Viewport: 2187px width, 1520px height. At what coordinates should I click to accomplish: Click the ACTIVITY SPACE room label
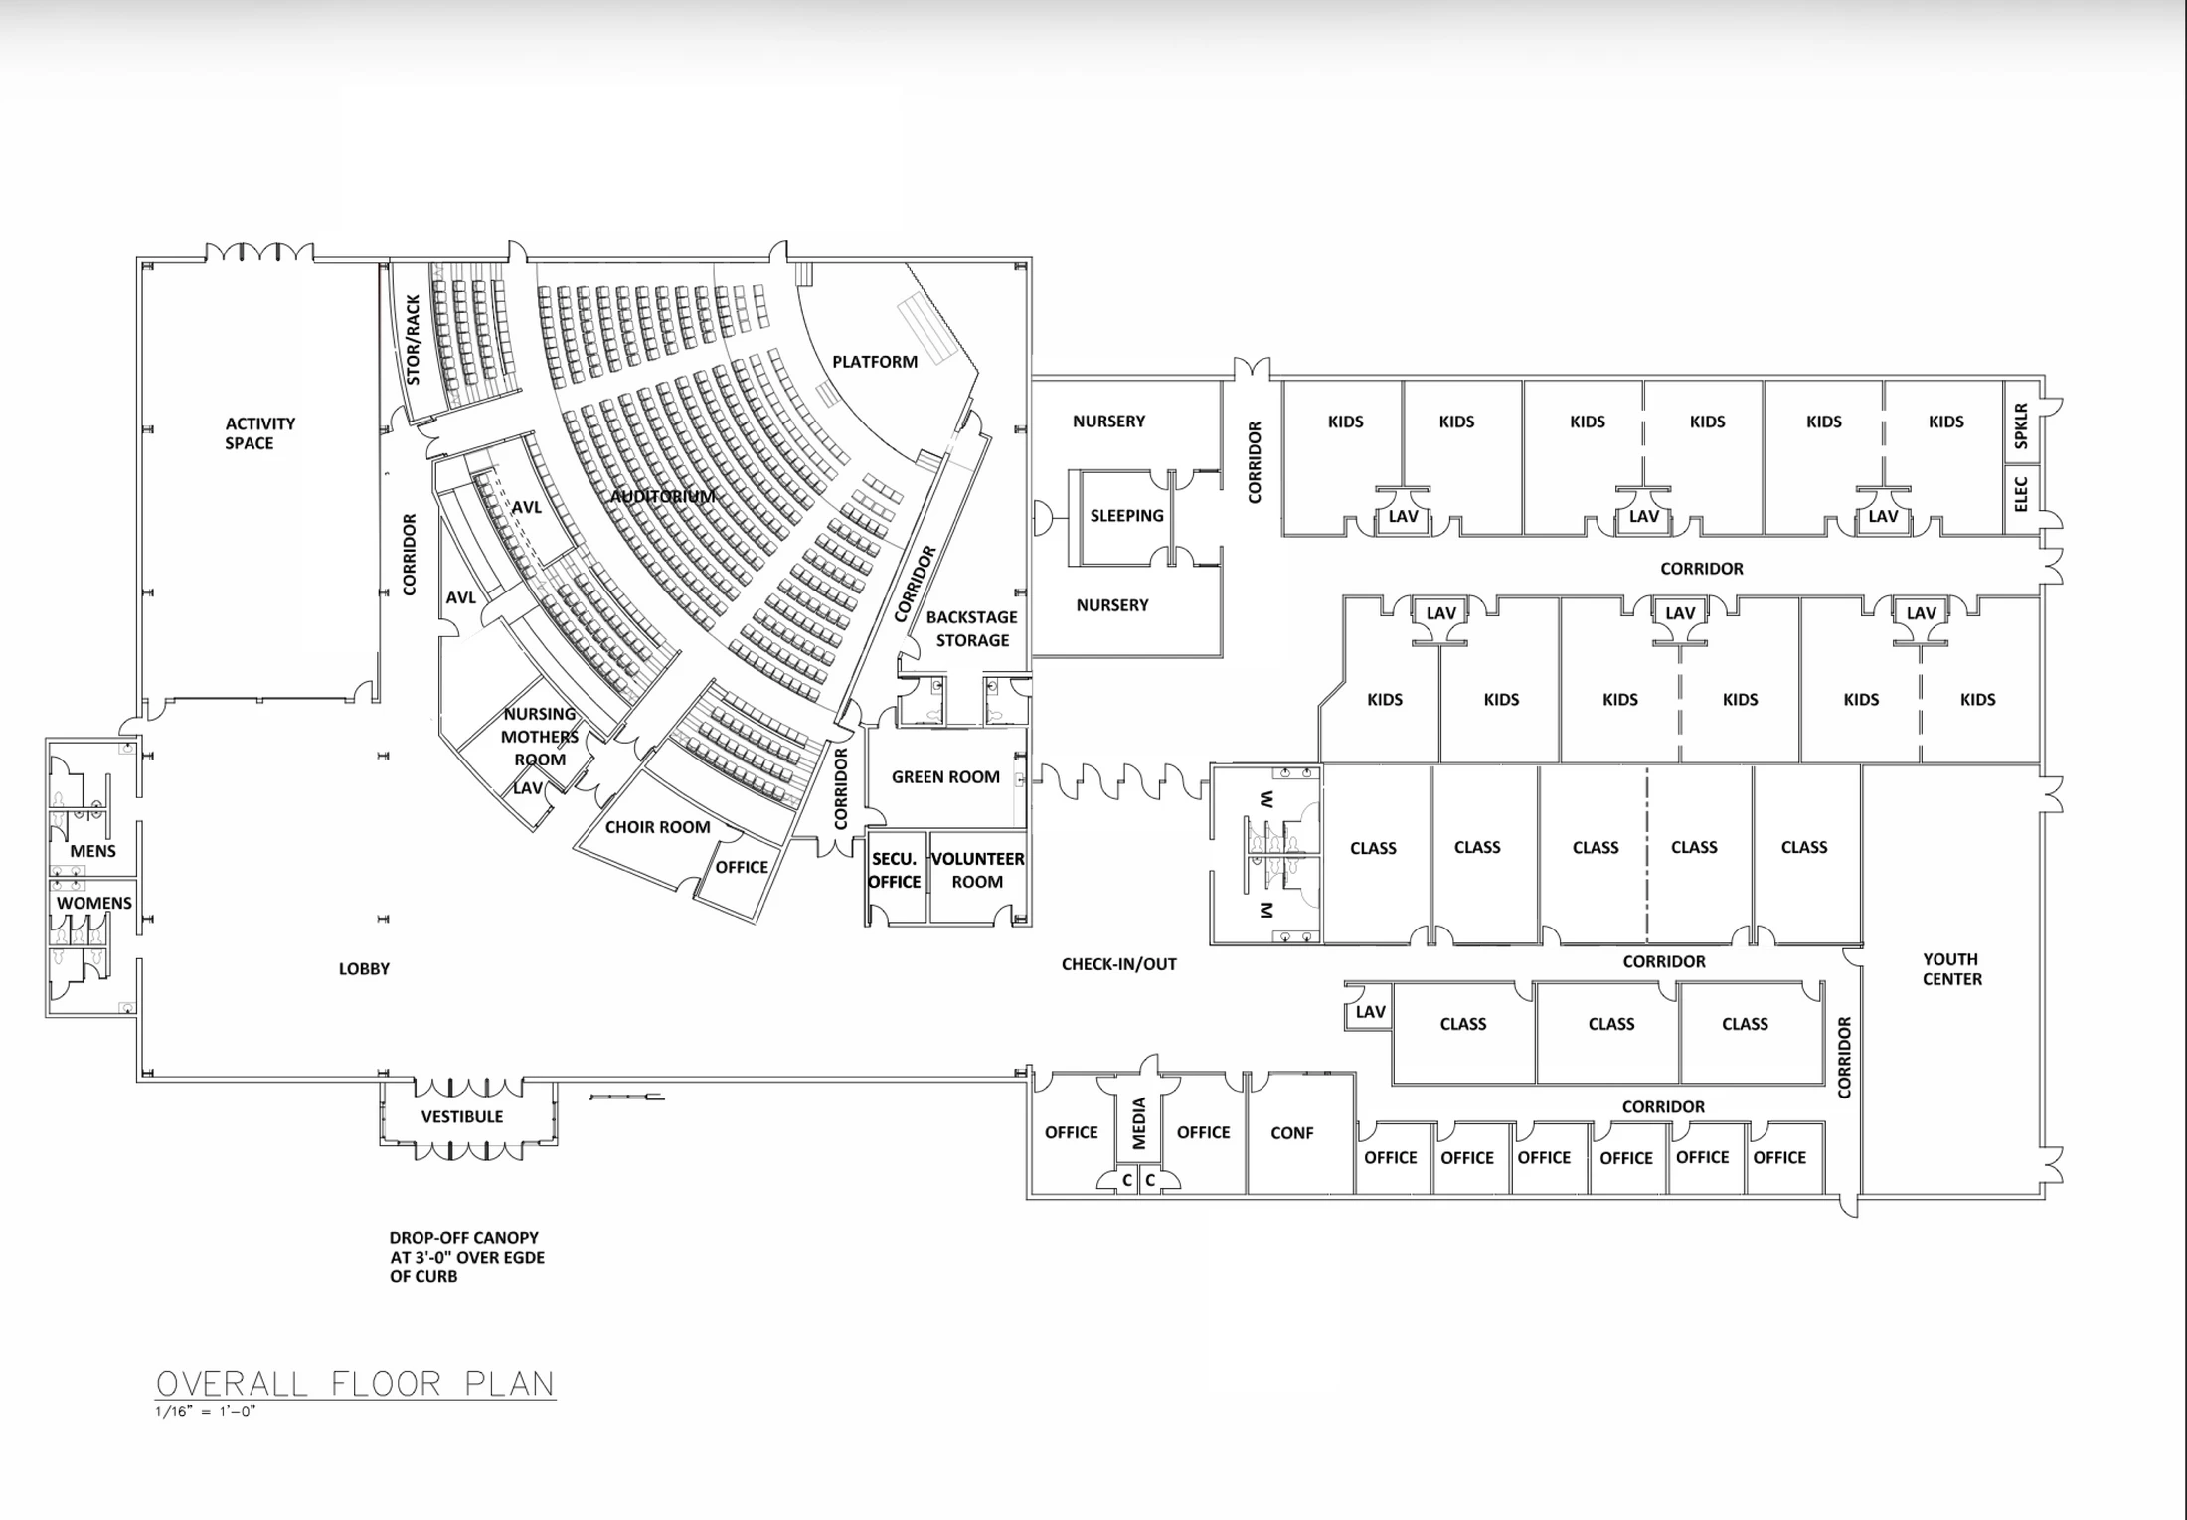pos(259,433)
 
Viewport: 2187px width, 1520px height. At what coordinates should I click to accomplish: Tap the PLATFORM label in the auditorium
pos(875,362)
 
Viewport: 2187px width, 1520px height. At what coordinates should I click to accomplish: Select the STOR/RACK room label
pos(414,339)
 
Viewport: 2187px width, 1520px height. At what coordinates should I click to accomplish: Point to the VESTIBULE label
pos(462,1116)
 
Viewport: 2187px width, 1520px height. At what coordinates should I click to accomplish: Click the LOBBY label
pos(364,968)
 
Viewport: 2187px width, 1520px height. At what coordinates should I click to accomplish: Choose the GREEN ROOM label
pos(945,776)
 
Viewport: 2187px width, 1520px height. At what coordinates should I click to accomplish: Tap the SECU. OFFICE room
pos(895,870)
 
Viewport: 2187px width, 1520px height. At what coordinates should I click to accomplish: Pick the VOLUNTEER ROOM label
pos(977,870)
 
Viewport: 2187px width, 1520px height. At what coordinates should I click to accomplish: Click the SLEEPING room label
pos(1126,515)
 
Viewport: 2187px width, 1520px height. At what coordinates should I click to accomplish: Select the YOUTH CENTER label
pos(1951,969)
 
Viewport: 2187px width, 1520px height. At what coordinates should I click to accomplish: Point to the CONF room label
pos(1292,1132)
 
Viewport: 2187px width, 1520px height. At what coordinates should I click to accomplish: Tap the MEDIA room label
pos(1139,1123)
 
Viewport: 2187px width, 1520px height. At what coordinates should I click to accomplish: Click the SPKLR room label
pos(2020,425)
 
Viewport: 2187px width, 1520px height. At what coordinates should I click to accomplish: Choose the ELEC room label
pos(2020,494)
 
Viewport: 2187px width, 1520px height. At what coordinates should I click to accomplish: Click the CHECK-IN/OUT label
pos(1119,963)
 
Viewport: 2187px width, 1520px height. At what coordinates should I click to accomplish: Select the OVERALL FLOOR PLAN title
pos(356,1383)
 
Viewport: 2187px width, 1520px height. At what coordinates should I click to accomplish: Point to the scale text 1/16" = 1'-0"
pos(206,1411)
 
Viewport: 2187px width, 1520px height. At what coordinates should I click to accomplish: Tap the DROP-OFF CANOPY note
pos(467,1257)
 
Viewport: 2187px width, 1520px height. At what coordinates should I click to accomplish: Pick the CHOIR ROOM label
pos(657,826)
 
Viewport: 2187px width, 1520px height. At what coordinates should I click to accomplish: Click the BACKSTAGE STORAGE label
pos(971,628)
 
